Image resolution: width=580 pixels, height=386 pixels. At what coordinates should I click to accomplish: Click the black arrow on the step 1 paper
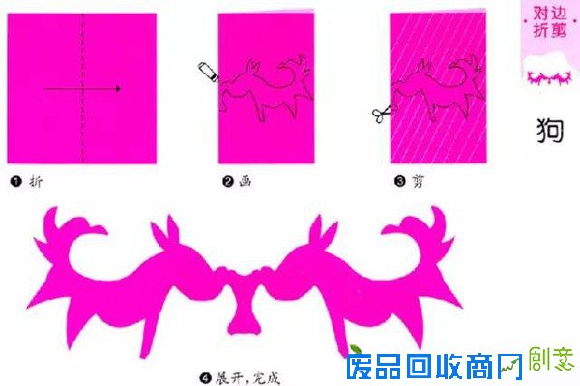pos(82,89)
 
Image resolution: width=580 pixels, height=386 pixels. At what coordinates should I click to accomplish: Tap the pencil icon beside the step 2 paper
pos(206,71)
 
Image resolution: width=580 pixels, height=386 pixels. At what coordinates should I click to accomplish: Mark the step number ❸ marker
pos(396,181)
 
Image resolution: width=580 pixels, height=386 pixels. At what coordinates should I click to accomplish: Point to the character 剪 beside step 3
pos(417,181)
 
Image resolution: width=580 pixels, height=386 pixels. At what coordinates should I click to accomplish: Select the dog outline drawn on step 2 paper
pos(261,87)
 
